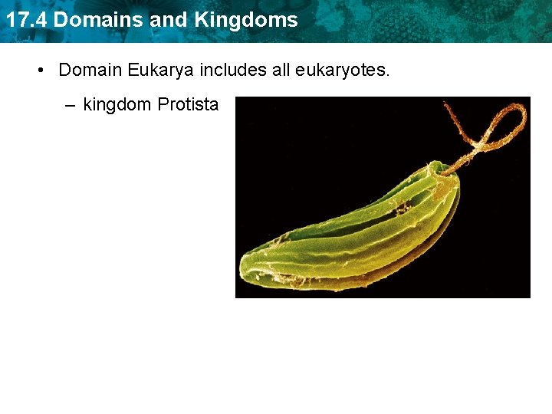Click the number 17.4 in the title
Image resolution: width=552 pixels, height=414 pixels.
(25, 20)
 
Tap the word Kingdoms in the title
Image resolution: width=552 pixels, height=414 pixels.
(246, 20)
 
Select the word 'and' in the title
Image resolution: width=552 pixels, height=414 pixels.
(169, 20)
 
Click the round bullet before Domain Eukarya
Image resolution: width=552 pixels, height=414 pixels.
(41, 71)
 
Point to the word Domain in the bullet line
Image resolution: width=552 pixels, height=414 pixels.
(90, 71)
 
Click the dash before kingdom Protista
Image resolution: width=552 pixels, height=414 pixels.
(71, 104)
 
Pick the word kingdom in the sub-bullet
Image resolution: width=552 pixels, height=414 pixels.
(117, 104)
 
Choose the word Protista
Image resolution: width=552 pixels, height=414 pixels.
(188, 104)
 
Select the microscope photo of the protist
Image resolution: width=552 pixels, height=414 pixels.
(383, 197)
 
